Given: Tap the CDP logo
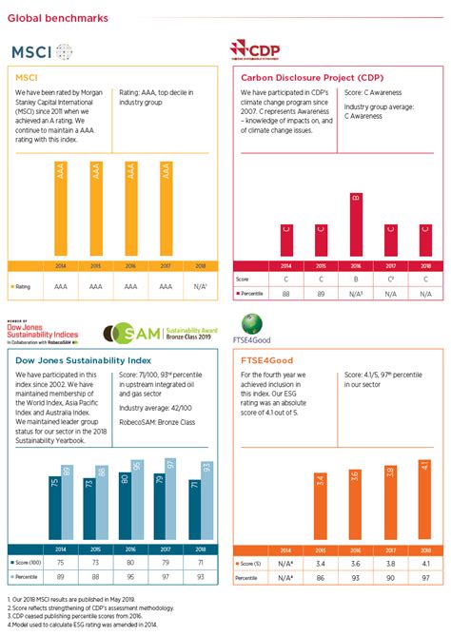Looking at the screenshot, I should [x=258, y=50].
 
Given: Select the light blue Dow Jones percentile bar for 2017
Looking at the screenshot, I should [x=171, y=496].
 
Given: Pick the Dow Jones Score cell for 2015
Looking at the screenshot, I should [x=89, y=562].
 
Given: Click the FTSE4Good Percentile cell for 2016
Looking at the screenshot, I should [x=356, y=577].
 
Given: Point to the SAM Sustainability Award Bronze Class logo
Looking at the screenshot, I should [x=152, y=332].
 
